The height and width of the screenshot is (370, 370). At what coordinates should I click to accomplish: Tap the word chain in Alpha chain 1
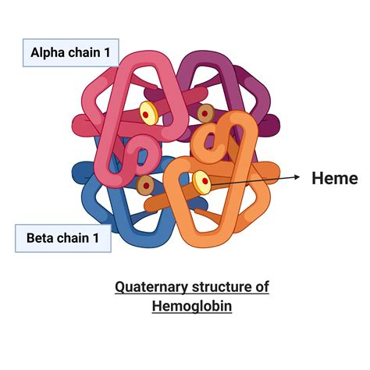(x=85, y=53)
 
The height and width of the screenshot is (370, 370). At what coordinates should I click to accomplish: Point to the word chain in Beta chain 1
(x=76, y=238)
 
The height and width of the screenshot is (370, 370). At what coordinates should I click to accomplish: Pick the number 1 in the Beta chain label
(x=98, y=238)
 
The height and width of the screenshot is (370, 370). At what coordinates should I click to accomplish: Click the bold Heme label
(x=334, y=178)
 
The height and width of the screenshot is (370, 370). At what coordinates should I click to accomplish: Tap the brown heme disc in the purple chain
(x=205, y=114)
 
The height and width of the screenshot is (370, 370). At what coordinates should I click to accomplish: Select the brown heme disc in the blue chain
(x=145, y=185)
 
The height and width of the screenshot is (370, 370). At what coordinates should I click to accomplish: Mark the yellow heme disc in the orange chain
(x=201, y=180)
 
